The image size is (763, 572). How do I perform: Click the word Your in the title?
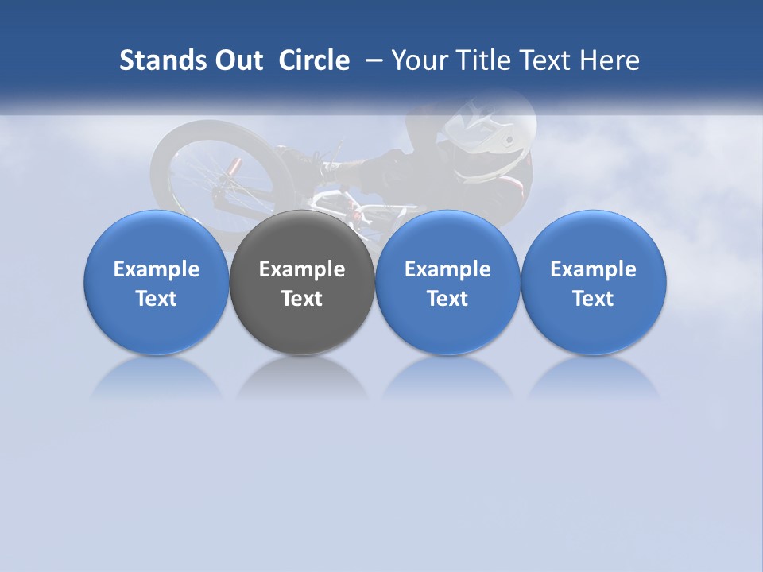click(418, 60)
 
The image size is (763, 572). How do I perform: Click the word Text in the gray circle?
click(302, 299)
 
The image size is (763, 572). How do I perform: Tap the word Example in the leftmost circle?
click(156, 269)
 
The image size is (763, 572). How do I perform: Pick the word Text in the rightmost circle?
click(593, 299)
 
